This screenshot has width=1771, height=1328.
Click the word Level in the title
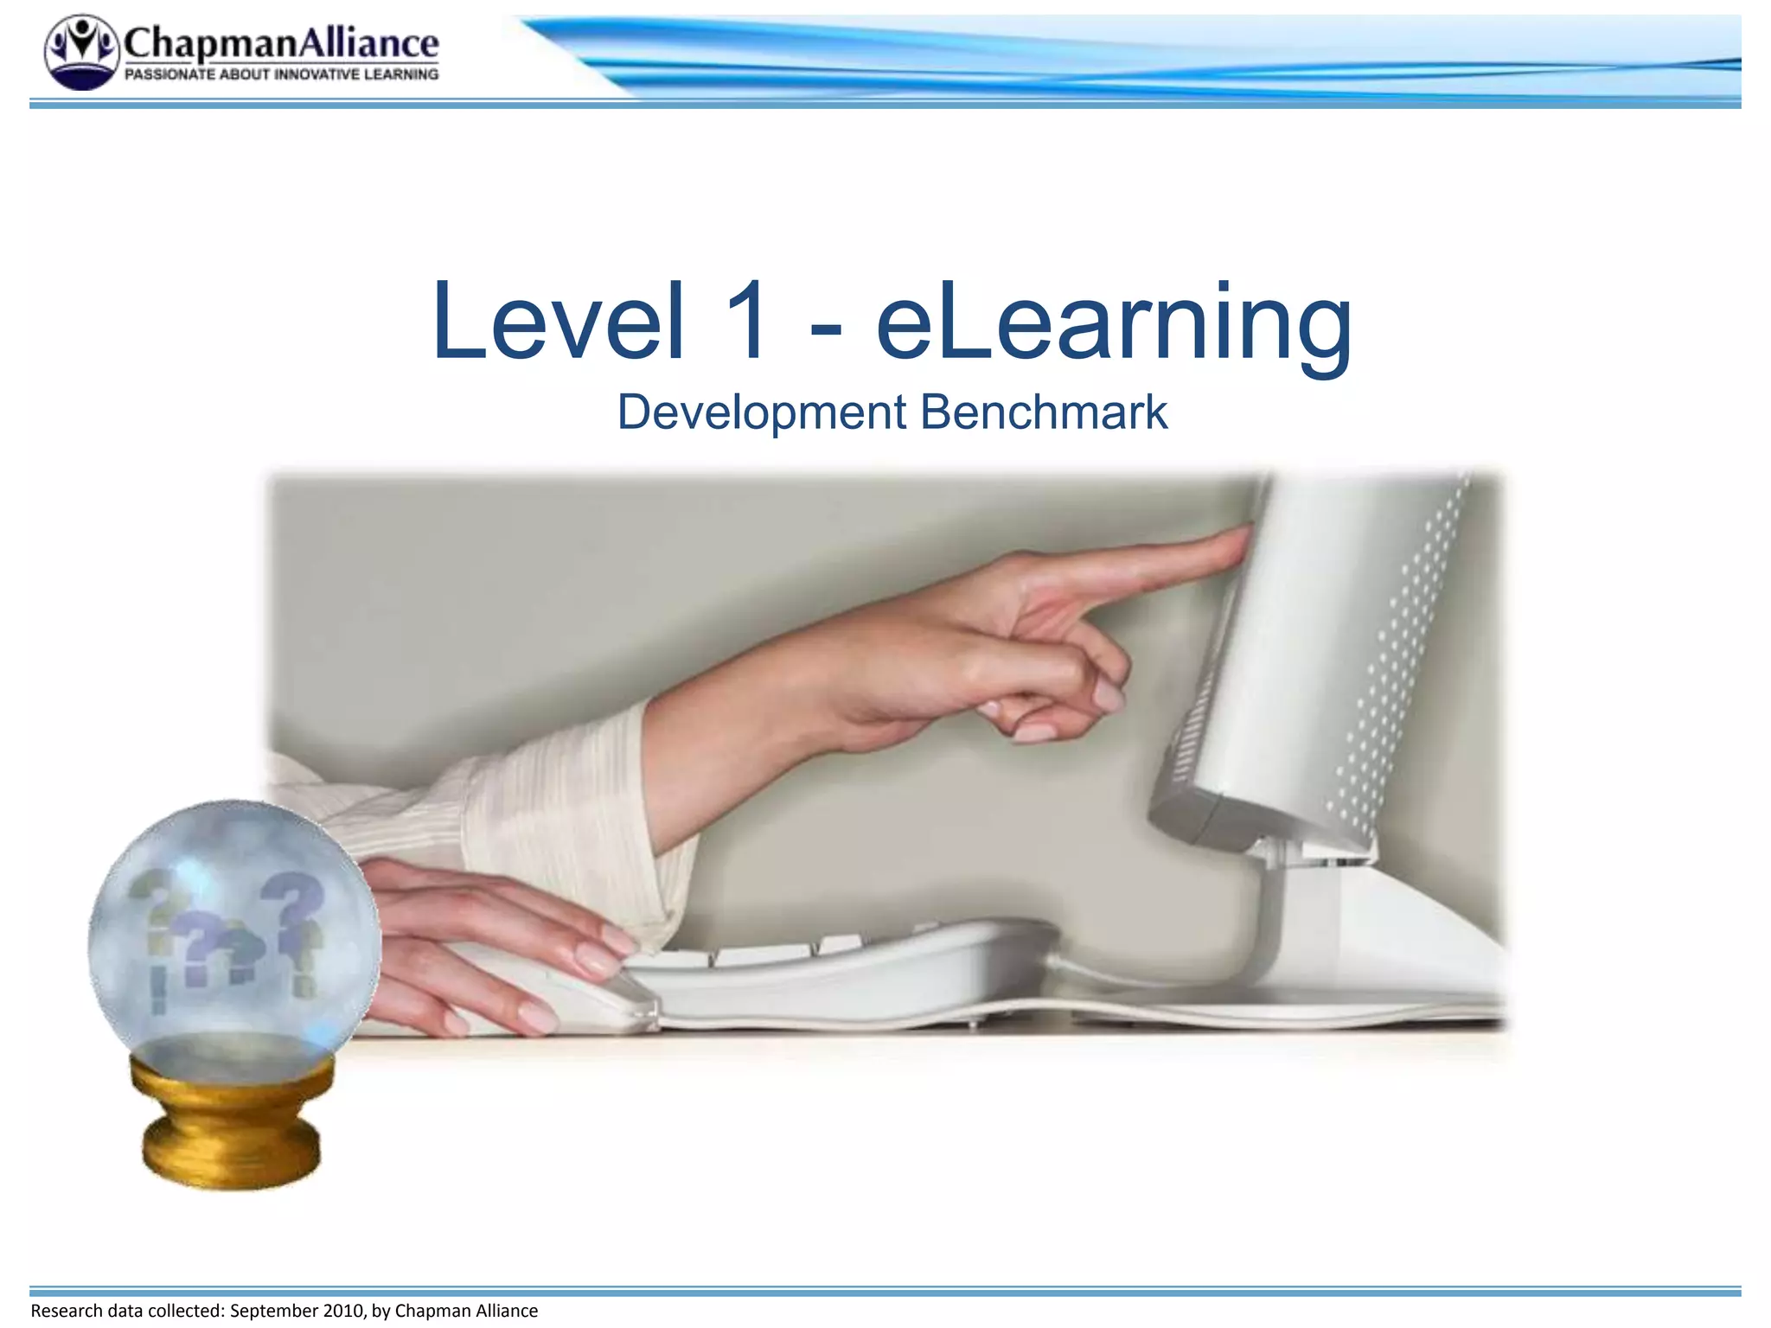coord(559,322)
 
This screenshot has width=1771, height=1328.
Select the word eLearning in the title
coord(1114,324)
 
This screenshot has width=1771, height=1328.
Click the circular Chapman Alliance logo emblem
coord(81,52)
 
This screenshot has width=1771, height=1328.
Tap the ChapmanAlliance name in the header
coord(281,42)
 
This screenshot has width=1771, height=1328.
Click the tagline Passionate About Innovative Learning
coord(281,75)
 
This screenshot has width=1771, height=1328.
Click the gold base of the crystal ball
coord(232,1124)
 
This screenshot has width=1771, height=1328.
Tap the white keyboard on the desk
coord(847,977)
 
